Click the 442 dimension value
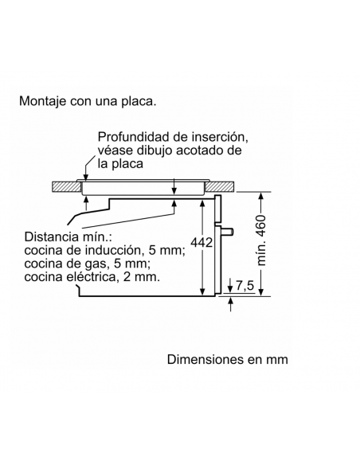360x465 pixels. pyautogui.click(x=202, y=243)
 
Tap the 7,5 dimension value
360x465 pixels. pyautogui.click(x=245, y=286)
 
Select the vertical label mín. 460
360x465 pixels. pyautogui.click(x=261, y=240)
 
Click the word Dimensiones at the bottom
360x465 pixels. pyautogui.click(x=205, y=359)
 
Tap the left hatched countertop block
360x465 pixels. pyautogui.click(x=66, y=186)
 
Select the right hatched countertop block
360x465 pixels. pyautogui.click(x=220, y=186)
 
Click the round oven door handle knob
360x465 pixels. pyautogui.click(x=228, y=232)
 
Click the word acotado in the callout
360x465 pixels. pyautogui.click(x=201, y=150)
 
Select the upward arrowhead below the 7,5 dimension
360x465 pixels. pyautogui.click(x=231, y=300)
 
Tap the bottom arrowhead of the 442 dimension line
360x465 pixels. pyautogui.click(x=202, y=291)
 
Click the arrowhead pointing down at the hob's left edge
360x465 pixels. pyautogui.click(x=86, y=177)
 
